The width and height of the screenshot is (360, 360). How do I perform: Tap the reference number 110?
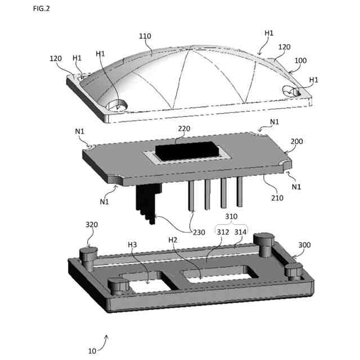point(145,37)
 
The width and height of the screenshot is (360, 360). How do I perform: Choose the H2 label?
point(174,240)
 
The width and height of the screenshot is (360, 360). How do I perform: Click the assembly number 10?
point(92,350)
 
